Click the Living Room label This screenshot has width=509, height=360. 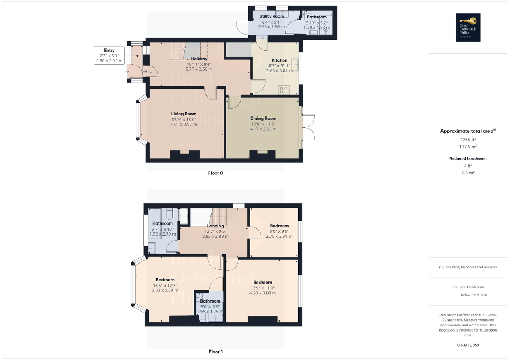click(183, 114)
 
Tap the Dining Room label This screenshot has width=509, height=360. click(263, 119)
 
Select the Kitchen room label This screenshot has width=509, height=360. click(279, 60)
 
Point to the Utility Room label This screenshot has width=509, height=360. click(271, 17)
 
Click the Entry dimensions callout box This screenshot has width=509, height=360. click(109, 55)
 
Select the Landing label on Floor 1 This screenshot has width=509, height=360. click(215, 226)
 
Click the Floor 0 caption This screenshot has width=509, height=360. click(215, 173)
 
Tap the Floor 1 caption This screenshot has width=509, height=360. click(215, 352)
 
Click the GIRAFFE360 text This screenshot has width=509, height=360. click(469, 346)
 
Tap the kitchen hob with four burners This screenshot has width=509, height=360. click(284, 89)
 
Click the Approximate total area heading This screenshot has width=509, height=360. click(468, 131)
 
